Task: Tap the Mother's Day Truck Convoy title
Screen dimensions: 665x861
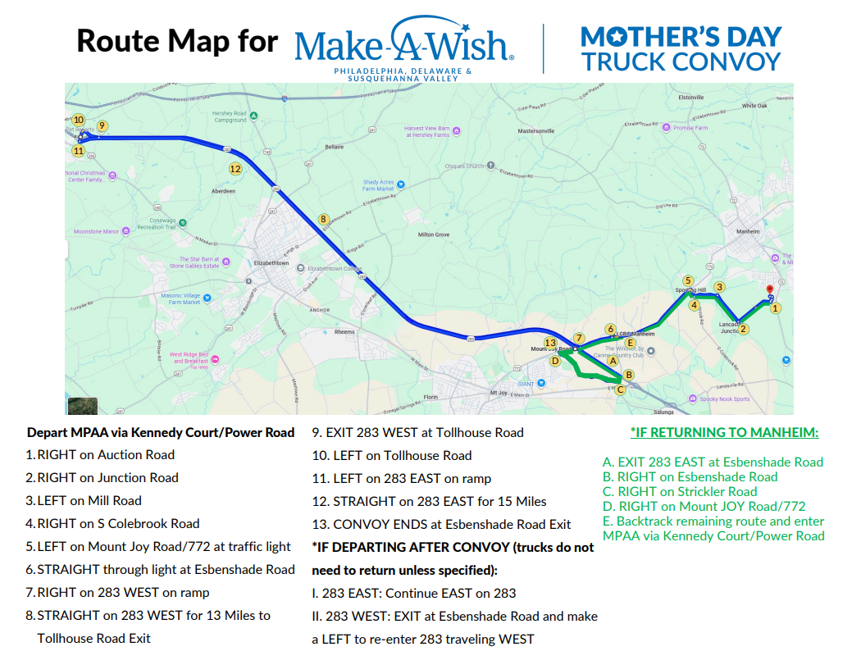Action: point(681,49)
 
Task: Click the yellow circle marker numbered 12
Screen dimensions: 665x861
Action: point(235,169)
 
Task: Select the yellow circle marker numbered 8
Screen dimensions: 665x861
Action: point(324,219)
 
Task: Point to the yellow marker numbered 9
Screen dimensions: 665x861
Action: point(102,125)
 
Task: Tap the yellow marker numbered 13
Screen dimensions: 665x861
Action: point(550,343)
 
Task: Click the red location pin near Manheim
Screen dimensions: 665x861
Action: point(769,291)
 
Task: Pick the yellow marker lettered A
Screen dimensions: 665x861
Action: point(612,360)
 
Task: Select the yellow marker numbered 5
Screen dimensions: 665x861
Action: point(688,280)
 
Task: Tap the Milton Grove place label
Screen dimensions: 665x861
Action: point(434,235)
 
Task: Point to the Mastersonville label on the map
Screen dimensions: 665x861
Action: point(536,130)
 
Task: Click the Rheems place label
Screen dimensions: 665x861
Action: point(345,331)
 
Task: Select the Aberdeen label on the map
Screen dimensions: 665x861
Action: point(223,191)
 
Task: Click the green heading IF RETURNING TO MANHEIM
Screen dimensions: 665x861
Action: point(724,433)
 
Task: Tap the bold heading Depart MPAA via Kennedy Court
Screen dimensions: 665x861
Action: point(161,432)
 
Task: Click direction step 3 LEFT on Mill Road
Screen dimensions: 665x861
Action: point(84,500)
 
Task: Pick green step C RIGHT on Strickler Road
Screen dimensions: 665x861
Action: point(680,491)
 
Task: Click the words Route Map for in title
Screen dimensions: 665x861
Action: point(177,41)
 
